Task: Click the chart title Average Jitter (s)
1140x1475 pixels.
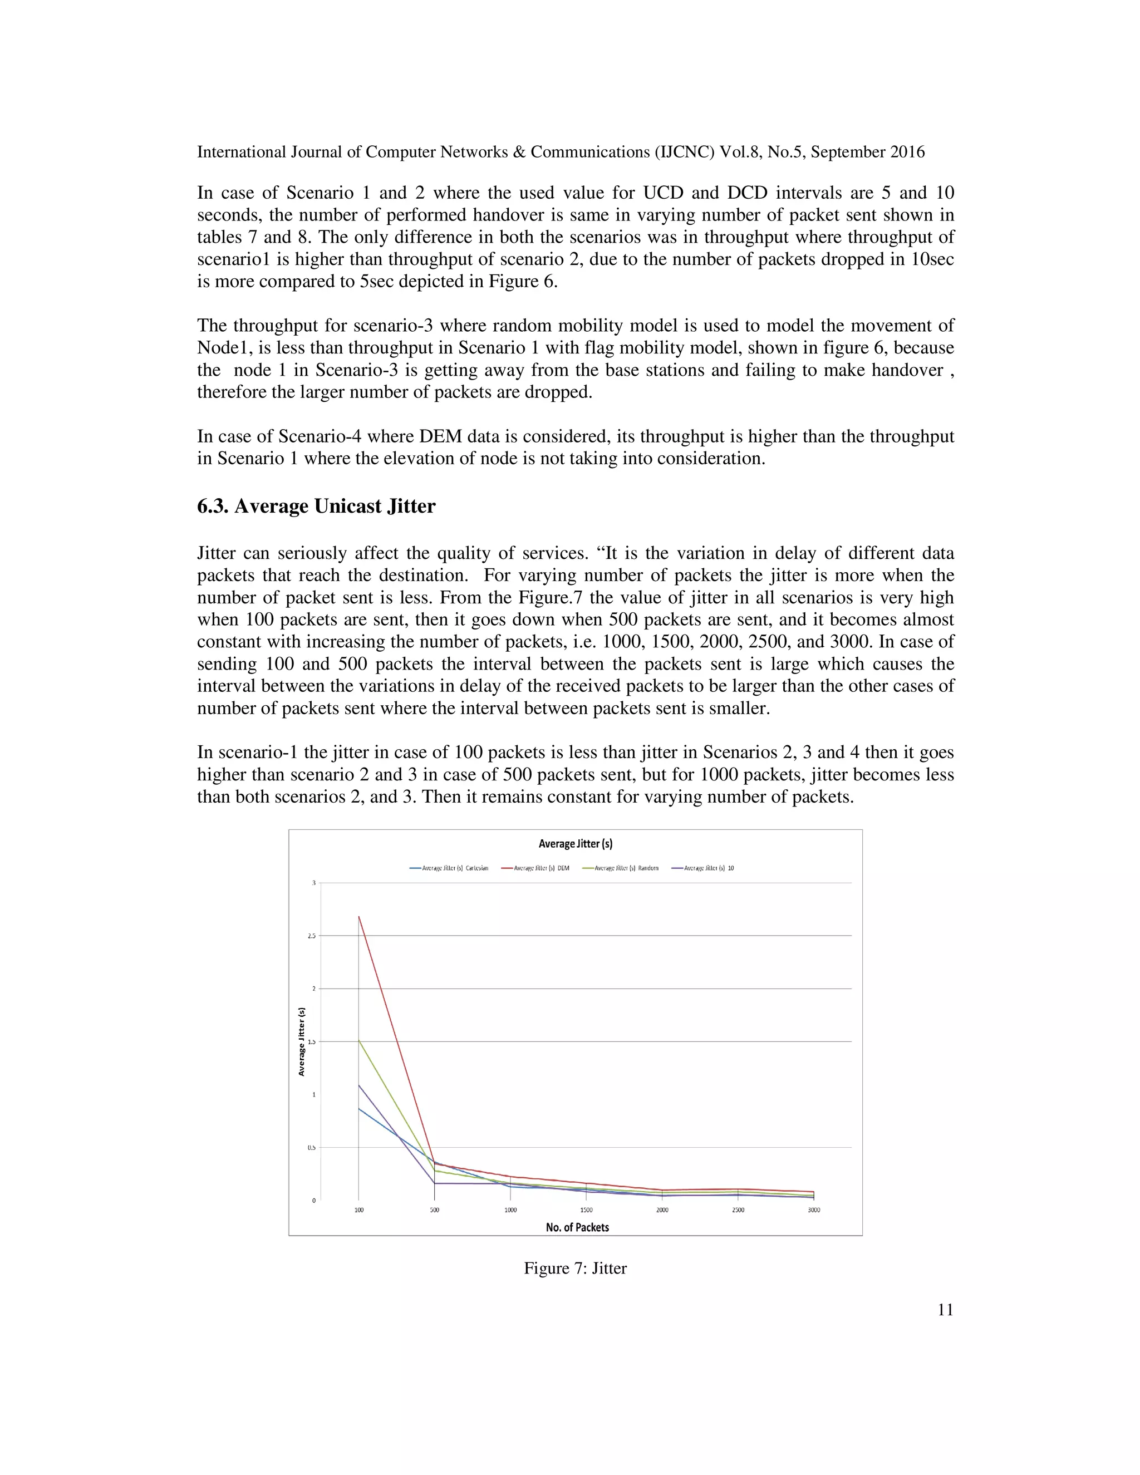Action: tap(576, 843)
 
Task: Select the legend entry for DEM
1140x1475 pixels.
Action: tap(535, 868)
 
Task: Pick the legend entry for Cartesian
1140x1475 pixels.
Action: tap(449, 868)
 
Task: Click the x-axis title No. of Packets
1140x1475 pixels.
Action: tap(577, 1227)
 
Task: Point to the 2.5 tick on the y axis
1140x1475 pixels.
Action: tap(313, 936)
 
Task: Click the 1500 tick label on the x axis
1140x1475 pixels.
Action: tap(586, 1210)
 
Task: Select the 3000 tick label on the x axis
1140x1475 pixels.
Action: tap(814, 1210)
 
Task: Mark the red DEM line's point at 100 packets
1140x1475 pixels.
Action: tap(358, 917)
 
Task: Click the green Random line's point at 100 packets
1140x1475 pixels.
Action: tap(358, 1040)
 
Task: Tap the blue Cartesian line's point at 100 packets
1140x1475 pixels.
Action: tap(358, 1108)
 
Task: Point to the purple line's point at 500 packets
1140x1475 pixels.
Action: tap(434, 1183)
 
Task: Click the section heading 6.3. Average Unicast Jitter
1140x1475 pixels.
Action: tap(316, 506)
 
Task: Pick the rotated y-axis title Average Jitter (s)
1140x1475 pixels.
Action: tap(302, 1041)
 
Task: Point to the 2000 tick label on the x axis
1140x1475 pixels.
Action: tap(662, 1210)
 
